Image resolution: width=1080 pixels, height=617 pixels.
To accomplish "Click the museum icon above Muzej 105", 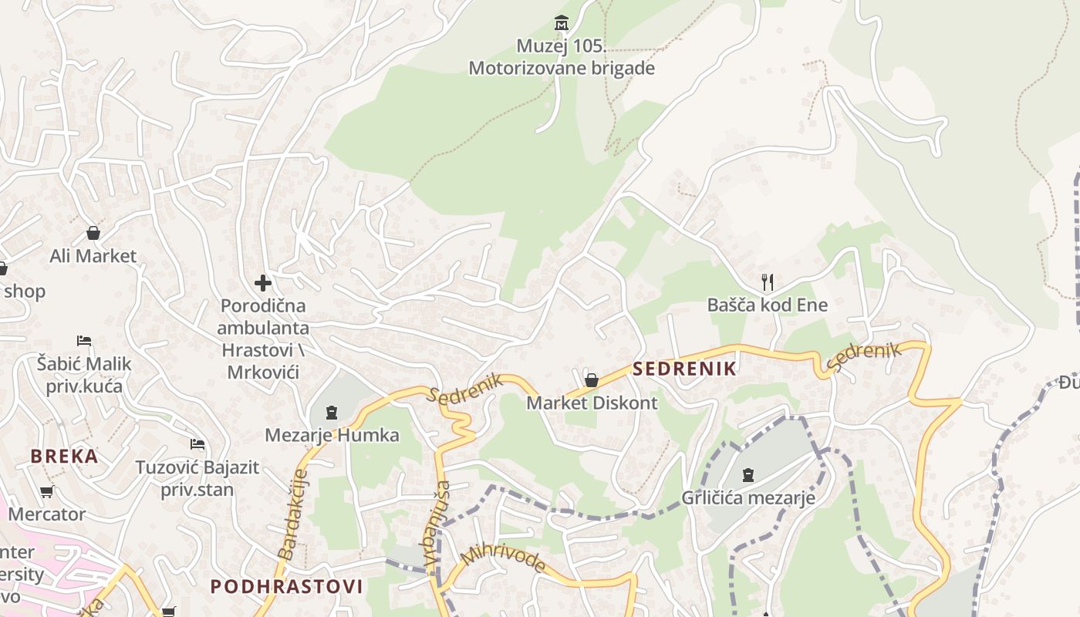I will (x=561, y=22).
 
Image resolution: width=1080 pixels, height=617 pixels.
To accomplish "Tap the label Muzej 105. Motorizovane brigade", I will (x=562, y=57).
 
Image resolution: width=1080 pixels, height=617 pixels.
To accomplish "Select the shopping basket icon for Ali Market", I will (x=93, y=233).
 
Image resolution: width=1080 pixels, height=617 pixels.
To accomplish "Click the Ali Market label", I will (x=93, y=256).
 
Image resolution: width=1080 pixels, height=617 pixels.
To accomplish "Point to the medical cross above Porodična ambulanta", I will (x=263, y=283).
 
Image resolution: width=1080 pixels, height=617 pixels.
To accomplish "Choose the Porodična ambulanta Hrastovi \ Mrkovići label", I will (x=263, y=339).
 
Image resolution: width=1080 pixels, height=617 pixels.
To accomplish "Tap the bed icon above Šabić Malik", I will (x=84, y=340).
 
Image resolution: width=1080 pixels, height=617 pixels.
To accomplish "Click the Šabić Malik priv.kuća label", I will (x=84, y=374).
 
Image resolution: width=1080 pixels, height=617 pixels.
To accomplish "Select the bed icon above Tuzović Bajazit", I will (x=197, y=444).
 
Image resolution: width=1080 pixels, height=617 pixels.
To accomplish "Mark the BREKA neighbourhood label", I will (x=65, y=456).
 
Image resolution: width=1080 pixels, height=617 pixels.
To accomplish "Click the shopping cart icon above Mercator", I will (x=46, y=491).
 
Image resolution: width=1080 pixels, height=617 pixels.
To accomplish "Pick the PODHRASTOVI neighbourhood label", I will (x=287, y=586).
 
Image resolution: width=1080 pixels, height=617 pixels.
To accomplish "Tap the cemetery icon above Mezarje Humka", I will (x=332, y=413).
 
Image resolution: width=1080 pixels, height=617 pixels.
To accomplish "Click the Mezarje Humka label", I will (x=332, y=435).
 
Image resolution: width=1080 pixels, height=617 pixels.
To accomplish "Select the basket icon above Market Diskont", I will (x=592, y=380).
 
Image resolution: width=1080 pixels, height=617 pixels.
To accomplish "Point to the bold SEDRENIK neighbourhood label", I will (x=684, y=369).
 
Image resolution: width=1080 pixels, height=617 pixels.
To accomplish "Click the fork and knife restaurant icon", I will (x=767, y=282).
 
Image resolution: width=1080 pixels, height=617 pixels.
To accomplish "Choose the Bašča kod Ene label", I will (x=767, y=305).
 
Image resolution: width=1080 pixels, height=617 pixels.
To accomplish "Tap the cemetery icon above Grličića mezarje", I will (x=748, y=474).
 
